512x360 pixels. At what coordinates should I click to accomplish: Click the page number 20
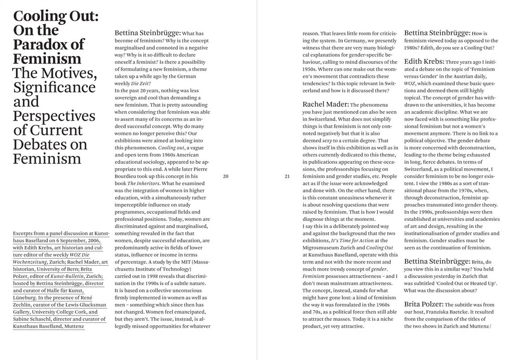(226, 177)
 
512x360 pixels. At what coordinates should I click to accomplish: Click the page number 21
(287, 177)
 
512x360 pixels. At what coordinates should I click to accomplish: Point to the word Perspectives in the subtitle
(54, 116)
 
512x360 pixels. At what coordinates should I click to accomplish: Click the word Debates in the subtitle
(37, 144)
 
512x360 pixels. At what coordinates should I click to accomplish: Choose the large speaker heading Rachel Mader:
(325, 104)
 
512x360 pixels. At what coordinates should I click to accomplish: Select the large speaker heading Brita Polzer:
(424, 304)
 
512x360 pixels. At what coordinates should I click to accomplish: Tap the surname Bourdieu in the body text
(129, 177)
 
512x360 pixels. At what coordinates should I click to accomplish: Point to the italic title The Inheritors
(143, 184)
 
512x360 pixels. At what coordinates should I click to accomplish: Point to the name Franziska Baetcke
(453, 312)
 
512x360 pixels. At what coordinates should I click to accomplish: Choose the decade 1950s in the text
(312, 69)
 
